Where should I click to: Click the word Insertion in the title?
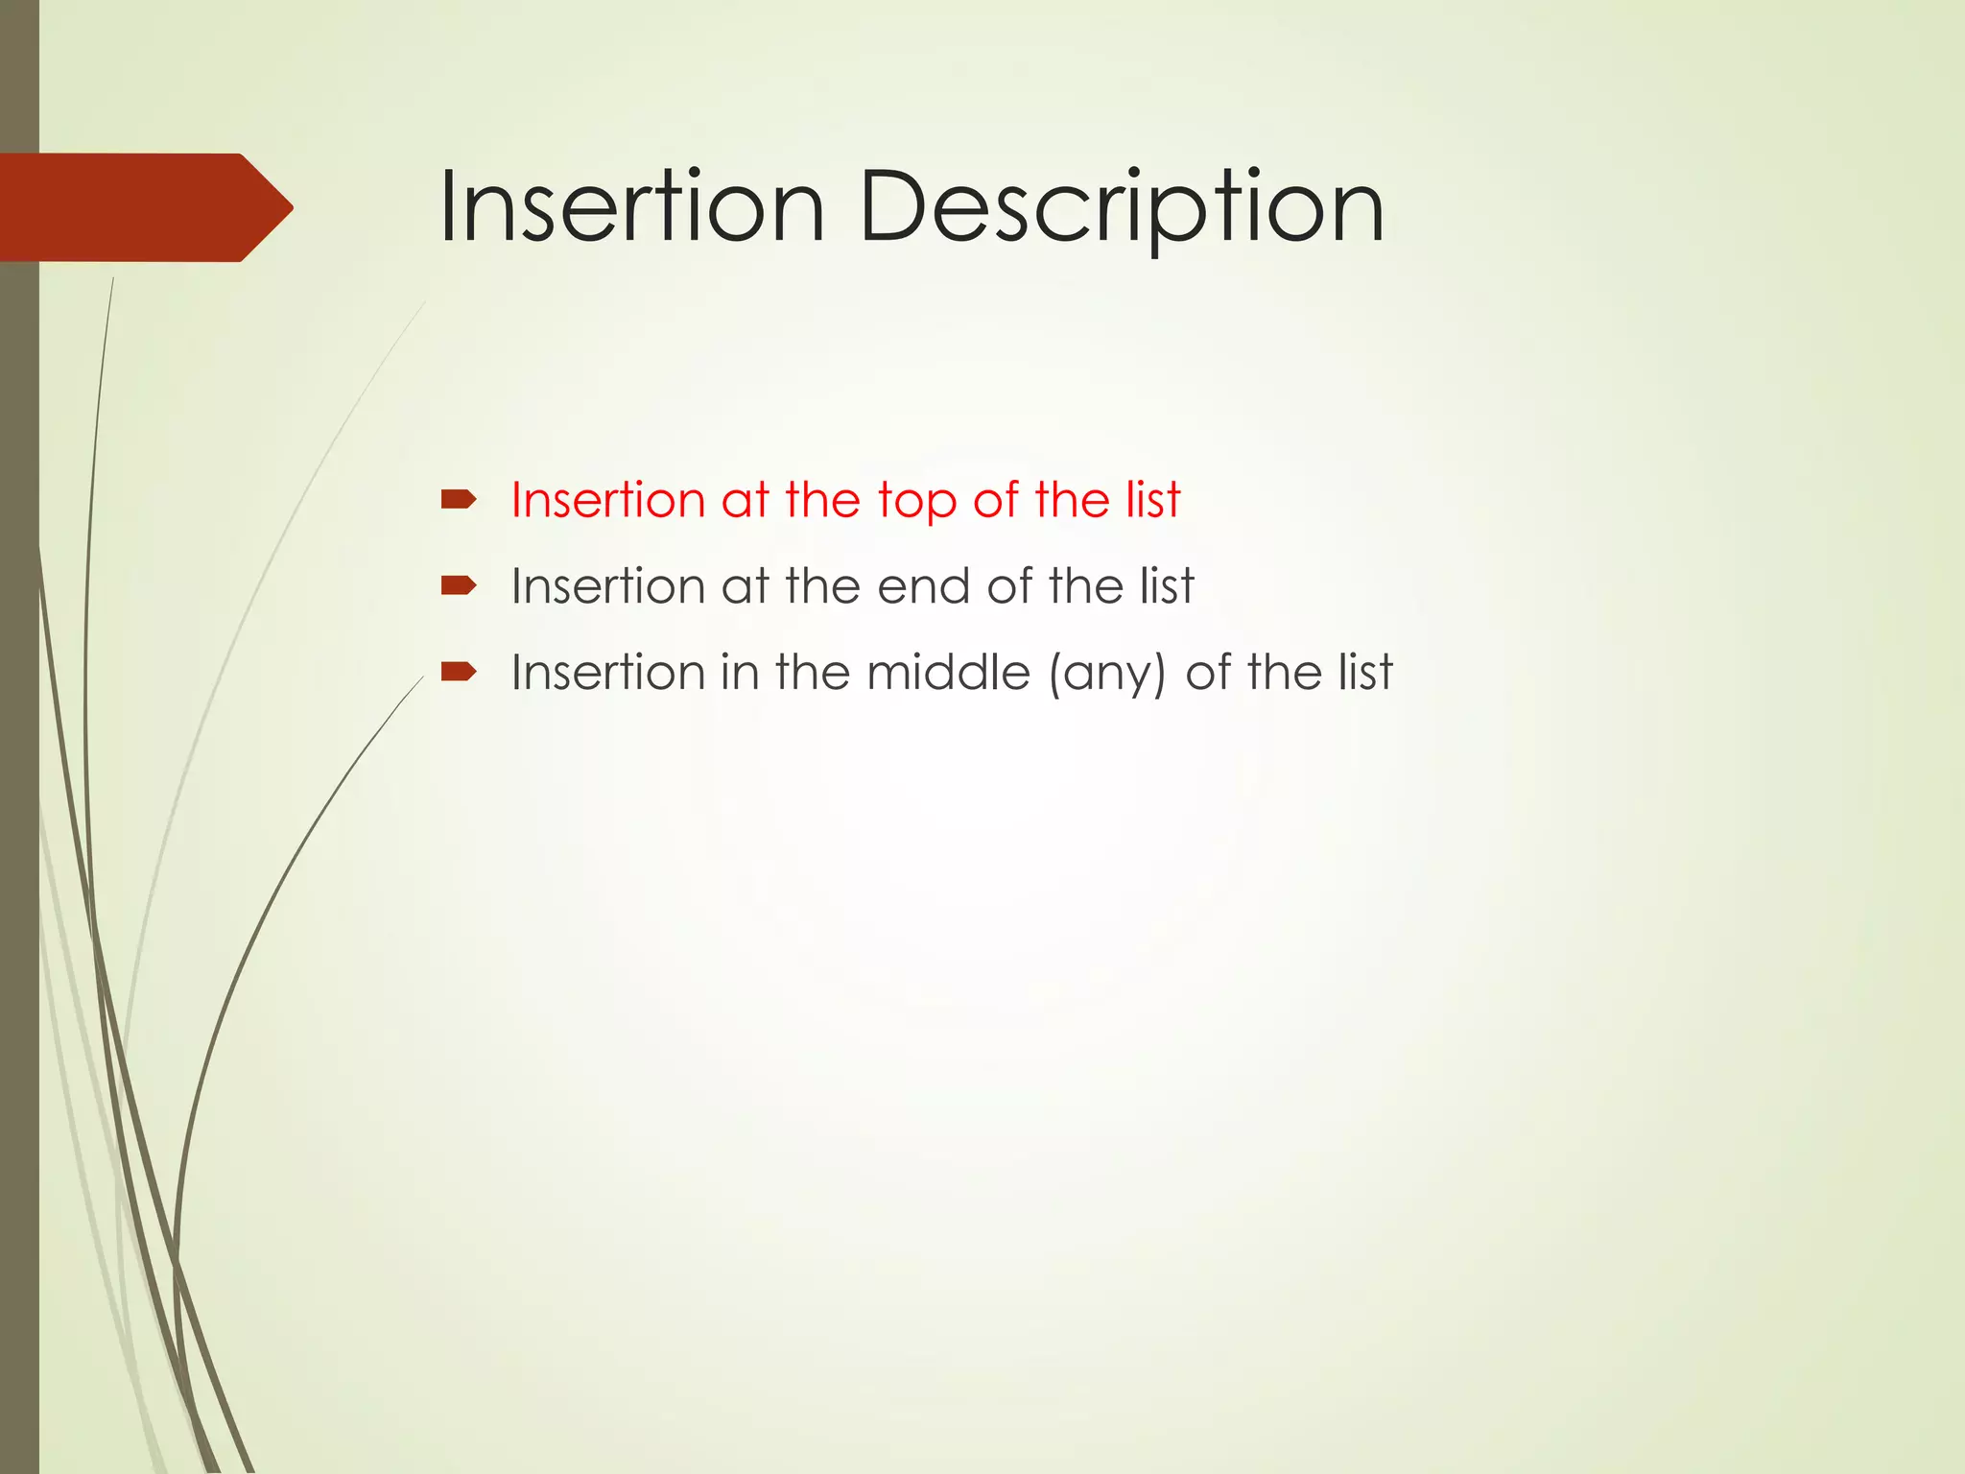[x=631, y=207]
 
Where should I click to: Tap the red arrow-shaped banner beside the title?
[x=134, y=207]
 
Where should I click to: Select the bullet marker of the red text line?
[x=458, y=499]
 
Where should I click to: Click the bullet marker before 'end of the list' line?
[x=458, y=585]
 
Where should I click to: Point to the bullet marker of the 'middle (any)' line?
[x=458, y=671]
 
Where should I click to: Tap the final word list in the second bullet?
[x=1167, y=586]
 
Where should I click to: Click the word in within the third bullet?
[x=739, y=672]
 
